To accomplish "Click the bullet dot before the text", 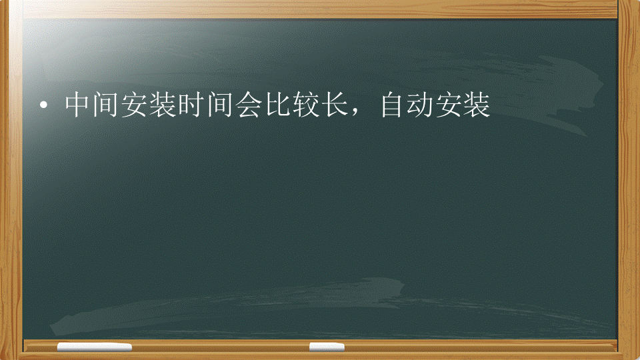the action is coord(43,106).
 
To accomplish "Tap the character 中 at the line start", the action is coord(77,105).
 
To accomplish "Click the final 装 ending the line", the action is coord(477,105).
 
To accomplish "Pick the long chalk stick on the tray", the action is coord(94,347).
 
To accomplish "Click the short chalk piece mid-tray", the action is coord(327,347).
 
